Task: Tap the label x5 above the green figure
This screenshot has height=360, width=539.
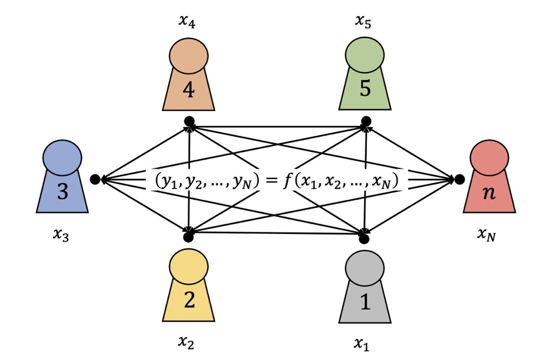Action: (363, 21)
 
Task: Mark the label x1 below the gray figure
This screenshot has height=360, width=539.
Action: (363, 342)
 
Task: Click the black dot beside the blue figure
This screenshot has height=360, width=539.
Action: (95, 179)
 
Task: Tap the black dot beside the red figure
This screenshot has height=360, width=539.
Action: (460, 179)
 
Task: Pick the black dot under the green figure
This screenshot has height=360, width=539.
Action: (366, 121)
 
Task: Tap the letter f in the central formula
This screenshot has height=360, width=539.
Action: (287, 181)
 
